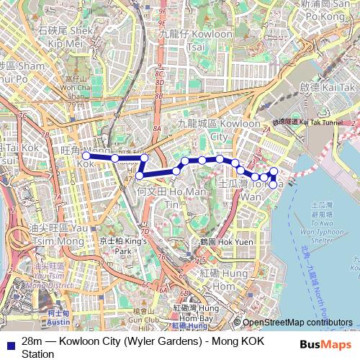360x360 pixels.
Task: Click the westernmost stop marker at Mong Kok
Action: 86,156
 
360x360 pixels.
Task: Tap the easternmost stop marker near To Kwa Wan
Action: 274,171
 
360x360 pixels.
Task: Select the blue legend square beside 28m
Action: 11,341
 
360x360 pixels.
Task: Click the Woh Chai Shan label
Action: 76,90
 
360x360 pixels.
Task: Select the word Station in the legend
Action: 38,354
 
